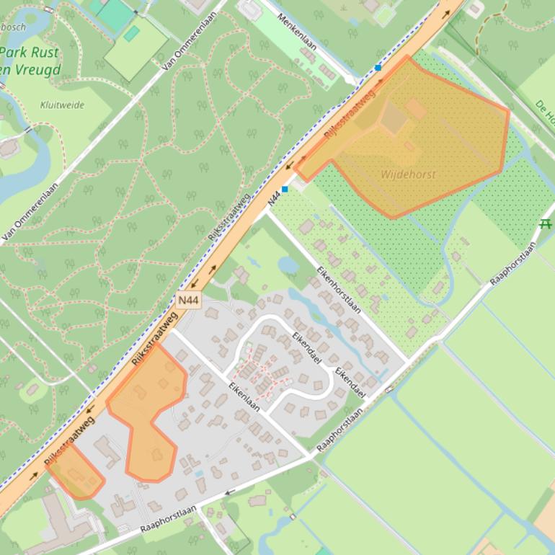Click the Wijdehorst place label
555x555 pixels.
tap(408, 174)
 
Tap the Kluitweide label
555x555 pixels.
tap(62, 105)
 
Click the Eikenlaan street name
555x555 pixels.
tap(243, 395)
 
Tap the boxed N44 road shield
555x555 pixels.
tap(187, 300)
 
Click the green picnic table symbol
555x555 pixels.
tap(545, 224)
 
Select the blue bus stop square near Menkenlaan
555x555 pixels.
tap(378, 68)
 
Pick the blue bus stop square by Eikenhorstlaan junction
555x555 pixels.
tap(285, 189)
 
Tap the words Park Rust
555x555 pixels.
tap(30, 53)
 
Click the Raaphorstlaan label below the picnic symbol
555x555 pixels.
tap(512, 264)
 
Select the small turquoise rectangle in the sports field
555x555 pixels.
tap(130, 33)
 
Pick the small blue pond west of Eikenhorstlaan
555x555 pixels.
tap(288, 265)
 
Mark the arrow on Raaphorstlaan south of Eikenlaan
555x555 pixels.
tap(231, 492)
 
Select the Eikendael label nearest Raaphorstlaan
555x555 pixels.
tap(350, 382)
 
